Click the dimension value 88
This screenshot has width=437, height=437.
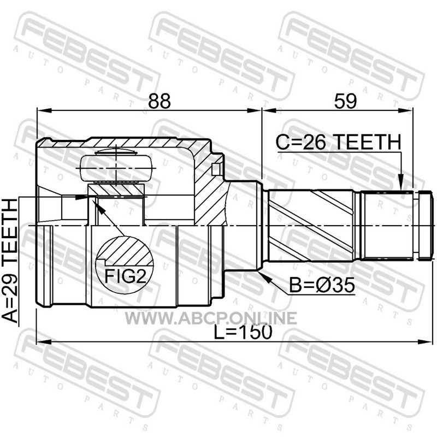tap(159, 101)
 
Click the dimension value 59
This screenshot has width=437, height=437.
tap(345, 101)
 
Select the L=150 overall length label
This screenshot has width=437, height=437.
tap(243, 332)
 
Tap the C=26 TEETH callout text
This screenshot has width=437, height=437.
tap(338, 142)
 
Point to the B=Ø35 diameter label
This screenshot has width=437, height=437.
tap(322, 285)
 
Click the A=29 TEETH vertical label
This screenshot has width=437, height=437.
tap(9, 261)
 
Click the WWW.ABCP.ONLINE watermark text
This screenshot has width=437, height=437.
tap(211, 318)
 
